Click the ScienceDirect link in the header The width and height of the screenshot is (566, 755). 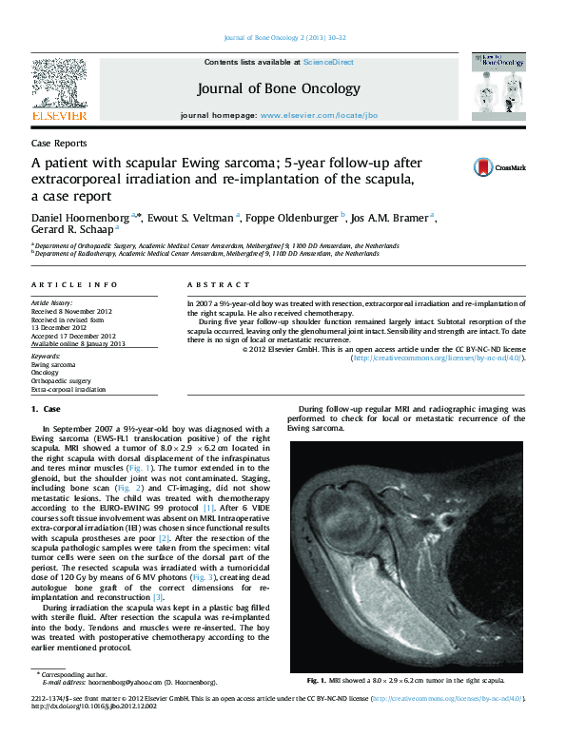[x=328, y=62]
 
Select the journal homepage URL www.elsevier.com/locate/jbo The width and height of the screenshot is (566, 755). [x=319, y=114]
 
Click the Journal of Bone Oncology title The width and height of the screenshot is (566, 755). [x=279, y=88]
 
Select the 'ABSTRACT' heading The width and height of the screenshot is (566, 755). [x=211, y=285]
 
